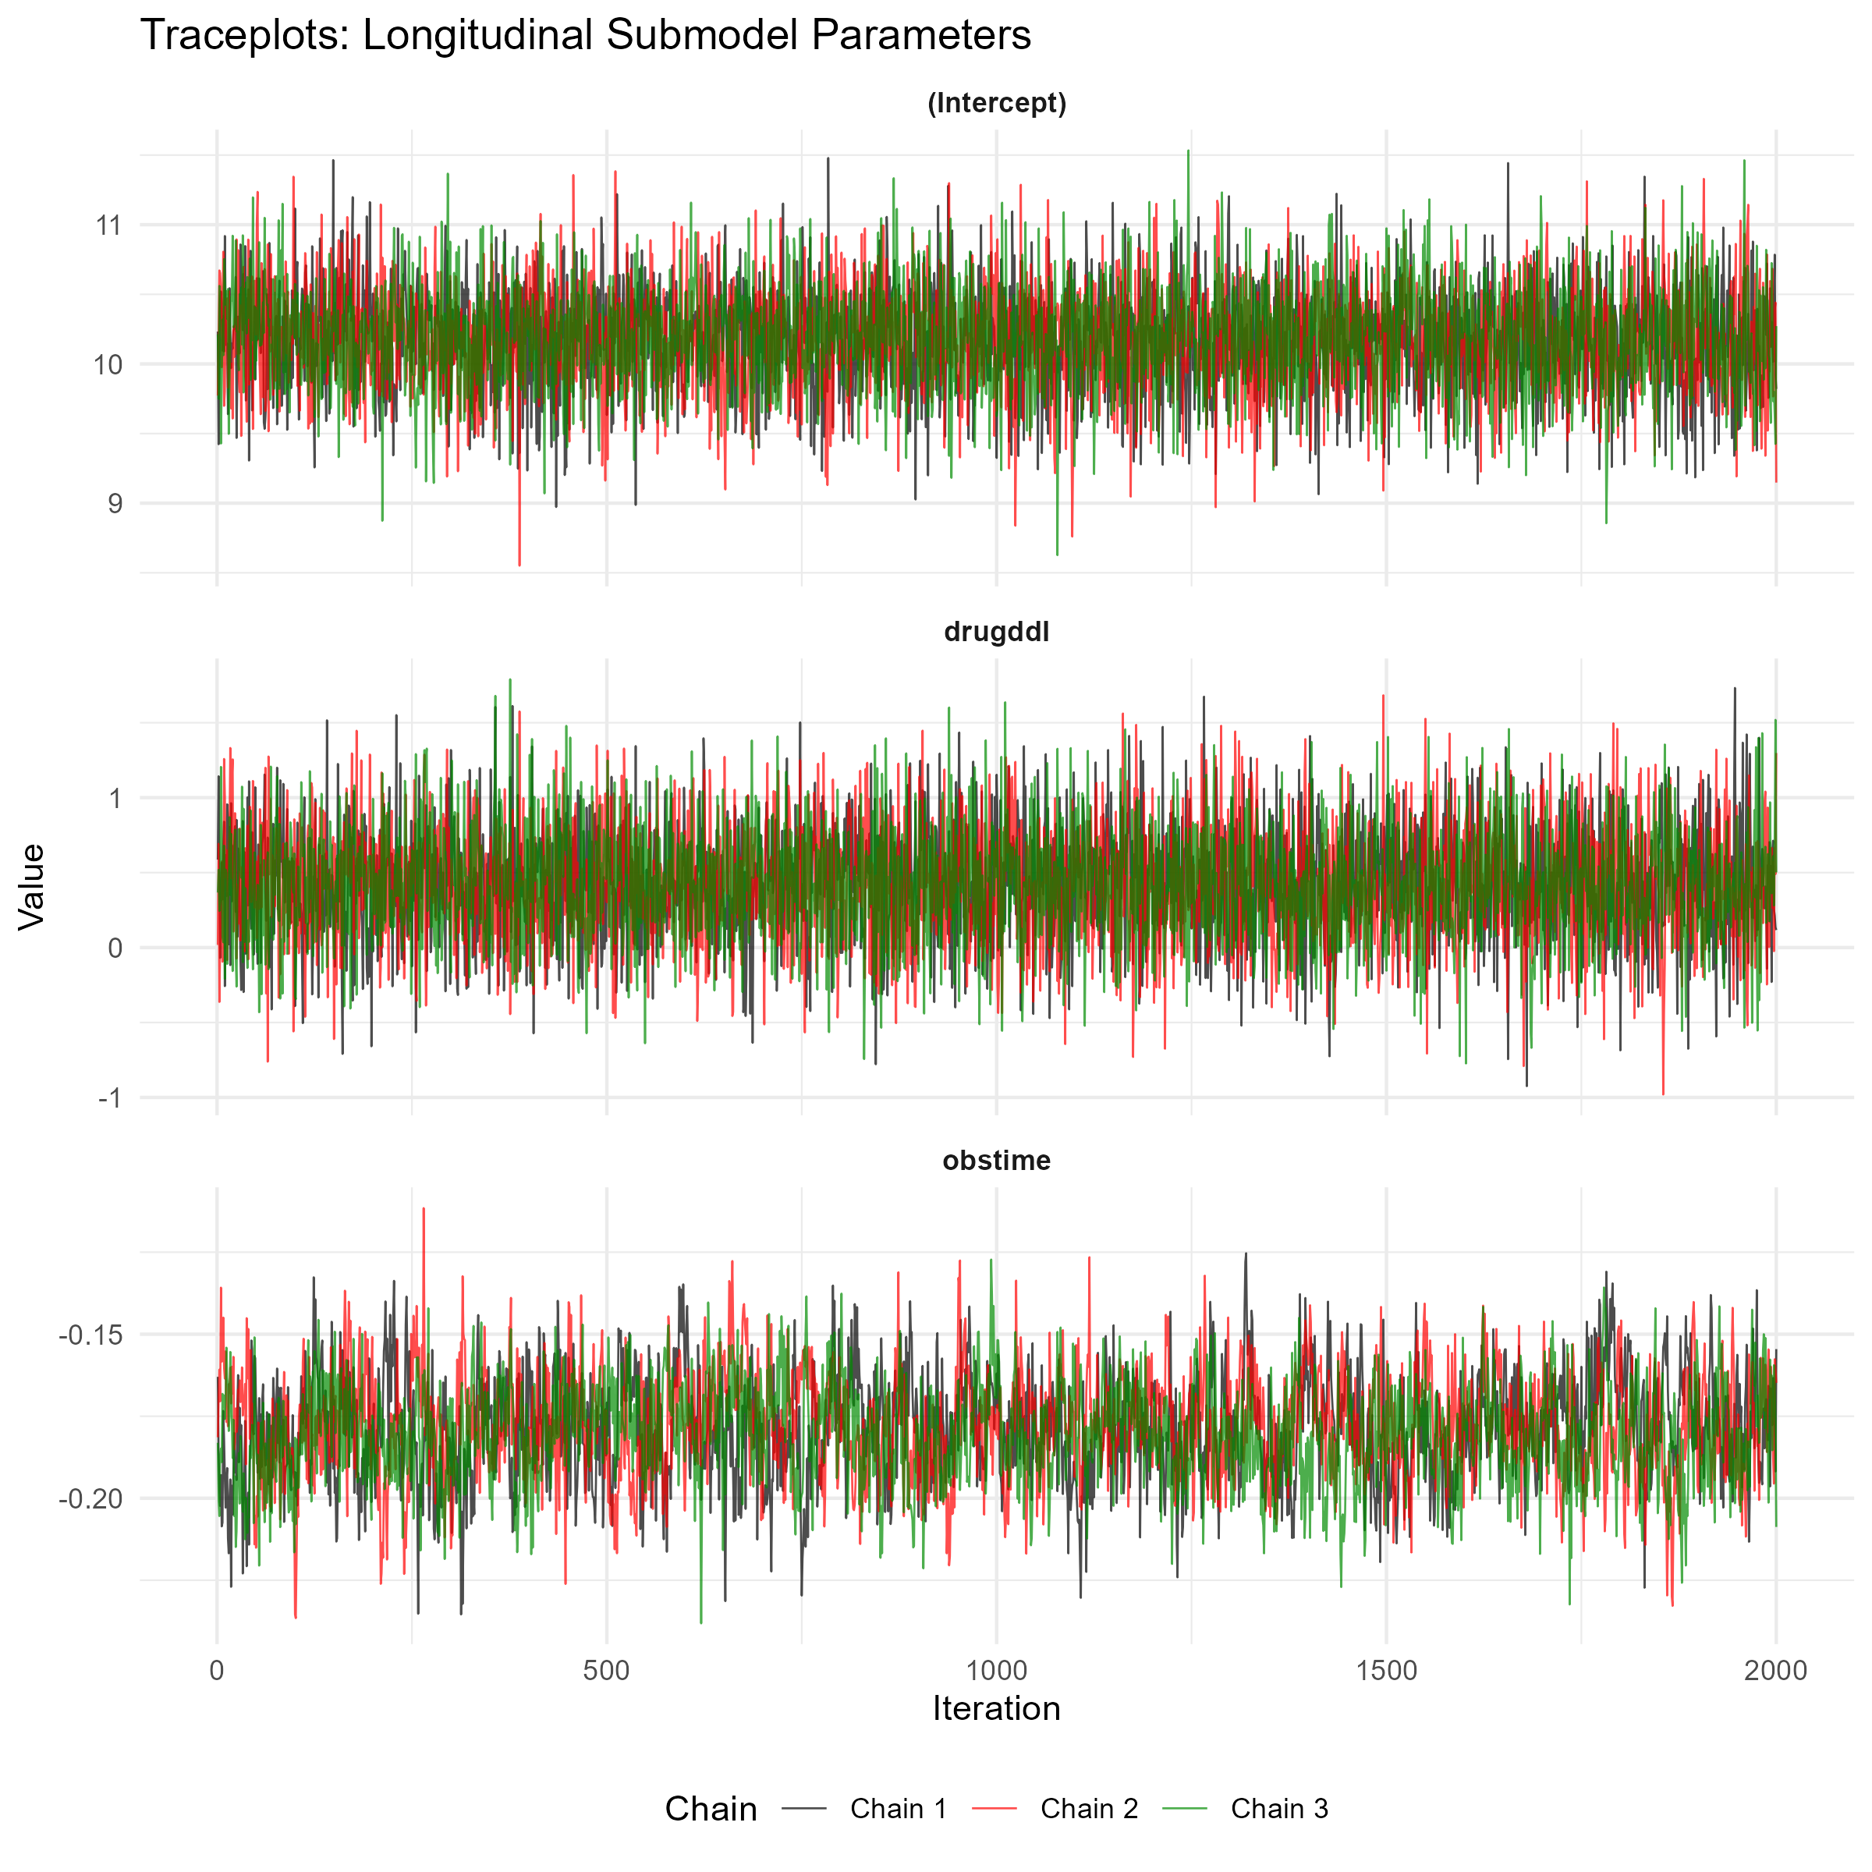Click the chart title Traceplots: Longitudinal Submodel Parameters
585,36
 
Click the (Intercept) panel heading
996,104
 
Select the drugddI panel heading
996,633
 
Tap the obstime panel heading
996,1161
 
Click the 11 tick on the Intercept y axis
109,225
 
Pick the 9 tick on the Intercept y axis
115,504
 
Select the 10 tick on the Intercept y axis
108,365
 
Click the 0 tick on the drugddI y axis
115,948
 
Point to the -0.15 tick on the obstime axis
91,1335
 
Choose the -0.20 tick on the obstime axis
91,1500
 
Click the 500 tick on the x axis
607,1672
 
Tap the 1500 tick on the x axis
1387,1672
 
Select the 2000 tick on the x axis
1776,1672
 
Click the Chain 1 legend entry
864,1809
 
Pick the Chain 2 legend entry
1055,1809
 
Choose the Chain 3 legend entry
1246,1809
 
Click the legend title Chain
711,1809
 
